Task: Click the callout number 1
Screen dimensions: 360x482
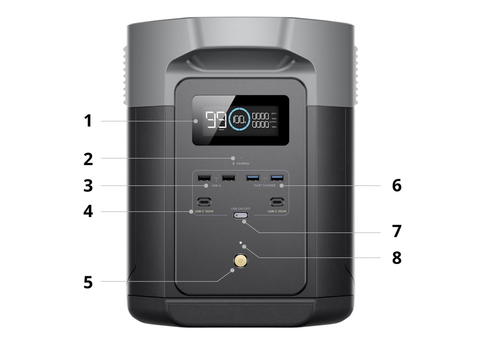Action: click(88, 121)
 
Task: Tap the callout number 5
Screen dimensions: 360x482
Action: click(88, 282)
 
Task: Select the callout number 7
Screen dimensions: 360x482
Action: click(396, 232)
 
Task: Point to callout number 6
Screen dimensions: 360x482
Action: click(396, 185)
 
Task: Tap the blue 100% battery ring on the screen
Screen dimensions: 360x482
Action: click(240, 120)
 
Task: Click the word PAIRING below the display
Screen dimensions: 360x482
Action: click(243, 163)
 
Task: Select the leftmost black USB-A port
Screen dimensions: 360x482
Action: click(204, 178)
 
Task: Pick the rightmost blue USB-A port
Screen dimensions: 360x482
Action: click(277, 178)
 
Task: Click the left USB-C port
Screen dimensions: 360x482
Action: click(204, 202)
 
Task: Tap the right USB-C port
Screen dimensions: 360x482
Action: click(277, 202)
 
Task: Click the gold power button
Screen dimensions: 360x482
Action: click(241, 261)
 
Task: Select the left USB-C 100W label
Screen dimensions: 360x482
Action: click(204, 211)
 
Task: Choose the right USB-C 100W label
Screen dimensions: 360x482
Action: click(277, 211)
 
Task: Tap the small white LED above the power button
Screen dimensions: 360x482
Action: click(241, 244)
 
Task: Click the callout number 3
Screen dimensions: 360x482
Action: click(88, 185)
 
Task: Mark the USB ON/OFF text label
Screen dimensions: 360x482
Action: click(241, 208)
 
